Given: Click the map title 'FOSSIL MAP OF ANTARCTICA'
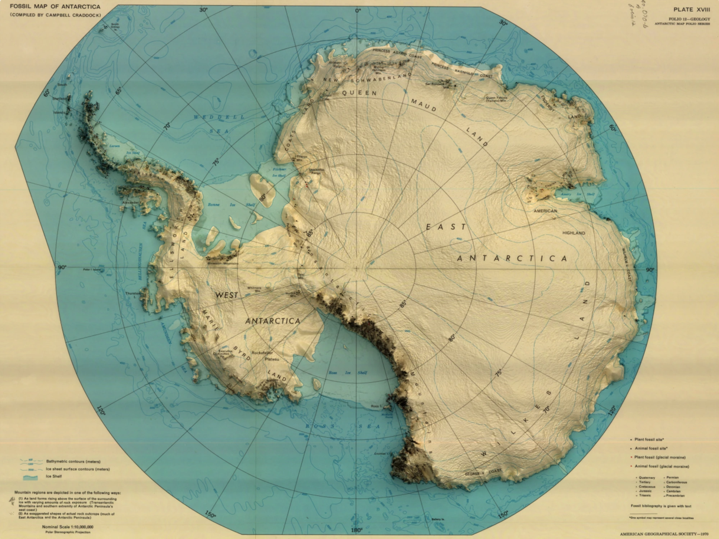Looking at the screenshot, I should click(55, 7).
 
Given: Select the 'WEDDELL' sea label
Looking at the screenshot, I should click(219, 117).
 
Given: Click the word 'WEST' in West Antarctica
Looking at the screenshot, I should click(226, 295).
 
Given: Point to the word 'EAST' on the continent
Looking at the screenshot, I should click(446, 227).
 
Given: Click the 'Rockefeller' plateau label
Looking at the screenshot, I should click(262, 353).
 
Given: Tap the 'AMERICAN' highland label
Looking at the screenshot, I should click(545, 211).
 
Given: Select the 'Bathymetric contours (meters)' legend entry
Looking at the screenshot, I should click(73, 461).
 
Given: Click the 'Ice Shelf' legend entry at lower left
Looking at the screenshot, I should click(54, 476).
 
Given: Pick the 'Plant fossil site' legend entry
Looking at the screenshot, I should click(649, 439).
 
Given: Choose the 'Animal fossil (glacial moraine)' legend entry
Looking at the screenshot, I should click(661, 466).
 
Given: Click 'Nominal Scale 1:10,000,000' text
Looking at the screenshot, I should click(68, 527).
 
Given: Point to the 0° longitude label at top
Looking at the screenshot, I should click(358, 11).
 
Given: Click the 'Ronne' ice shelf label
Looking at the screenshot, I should click(214, 205).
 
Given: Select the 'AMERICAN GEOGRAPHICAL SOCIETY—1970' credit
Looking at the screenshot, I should click(664, 534).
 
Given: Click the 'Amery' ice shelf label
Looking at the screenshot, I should click(566, 194).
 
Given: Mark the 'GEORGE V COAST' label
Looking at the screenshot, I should click(483, 473).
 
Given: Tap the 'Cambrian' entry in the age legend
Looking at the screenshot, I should click(673, 491).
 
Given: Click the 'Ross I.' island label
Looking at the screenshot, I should click(376, 406).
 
